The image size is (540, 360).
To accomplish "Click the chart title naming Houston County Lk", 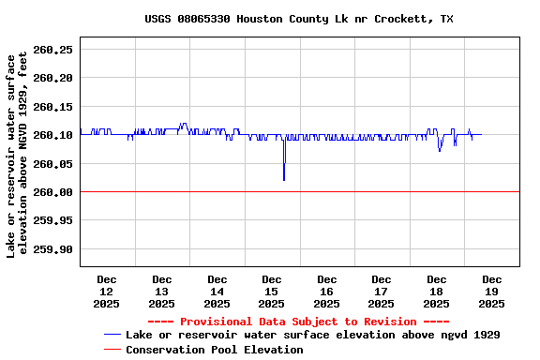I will [299, 19].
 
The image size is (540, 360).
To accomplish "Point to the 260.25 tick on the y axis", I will [52, 49].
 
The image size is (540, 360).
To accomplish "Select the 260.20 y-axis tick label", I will [52, 78].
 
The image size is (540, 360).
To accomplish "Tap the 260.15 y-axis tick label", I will [52, 106].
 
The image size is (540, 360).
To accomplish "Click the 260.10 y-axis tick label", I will [52, 135].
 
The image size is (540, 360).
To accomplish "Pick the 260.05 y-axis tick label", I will [52, 163].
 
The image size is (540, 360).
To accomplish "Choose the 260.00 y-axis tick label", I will [52, 192].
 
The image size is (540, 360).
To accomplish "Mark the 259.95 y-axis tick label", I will [52, 220].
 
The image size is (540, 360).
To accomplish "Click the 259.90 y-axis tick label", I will [52, 249].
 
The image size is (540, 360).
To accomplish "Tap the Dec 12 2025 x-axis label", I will [107, 291].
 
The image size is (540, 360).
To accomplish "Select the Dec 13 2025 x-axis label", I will [161, 291].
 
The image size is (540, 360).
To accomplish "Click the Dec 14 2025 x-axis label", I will [217, 291].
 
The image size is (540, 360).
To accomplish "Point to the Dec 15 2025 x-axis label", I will [272, 291].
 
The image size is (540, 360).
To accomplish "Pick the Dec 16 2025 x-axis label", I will [326, 291].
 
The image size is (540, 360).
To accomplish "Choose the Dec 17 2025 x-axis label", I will [382, 291].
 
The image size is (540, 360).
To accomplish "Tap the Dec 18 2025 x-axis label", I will [437, 291].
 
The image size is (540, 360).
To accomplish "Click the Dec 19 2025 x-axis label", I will [491, 291].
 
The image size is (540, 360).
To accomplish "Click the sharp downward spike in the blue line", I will [284, 178].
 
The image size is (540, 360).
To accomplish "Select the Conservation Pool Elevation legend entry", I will [214, 350].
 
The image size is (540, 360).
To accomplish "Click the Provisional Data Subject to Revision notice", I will [299, 322].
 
